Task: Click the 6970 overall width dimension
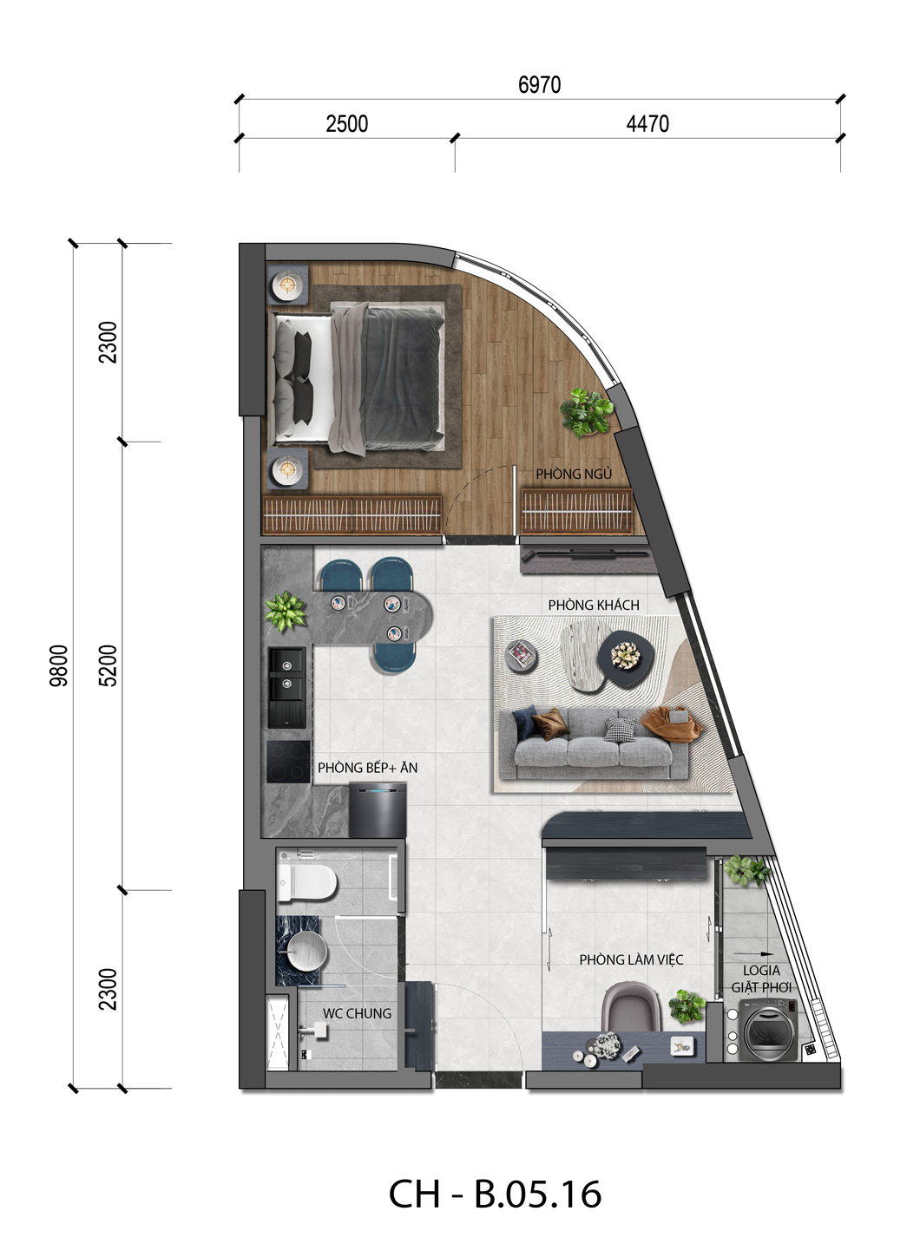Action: [539, 85]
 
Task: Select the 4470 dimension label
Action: [647, 124]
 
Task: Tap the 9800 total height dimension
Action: [58, 665]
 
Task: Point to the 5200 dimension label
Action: [108, 665]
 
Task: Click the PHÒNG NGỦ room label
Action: [573, 474]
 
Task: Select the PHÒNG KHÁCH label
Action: [594, 605]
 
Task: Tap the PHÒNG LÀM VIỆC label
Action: [631, 959]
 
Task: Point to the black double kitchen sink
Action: [286, 687]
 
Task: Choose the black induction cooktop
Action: [288, 762]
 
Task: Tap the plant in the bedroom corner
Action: [587, 412]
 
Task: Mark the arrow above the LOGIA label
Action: [753, 953]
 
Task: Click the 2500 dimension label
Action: [347, 124]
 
